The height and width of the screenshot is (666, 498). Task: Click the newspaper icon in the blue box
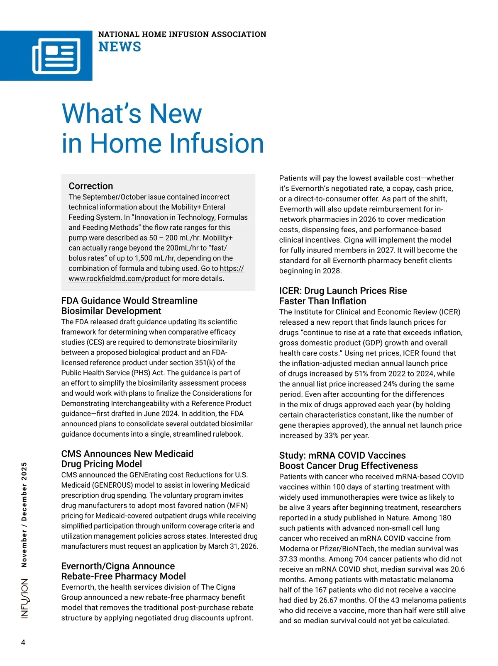(56, 56)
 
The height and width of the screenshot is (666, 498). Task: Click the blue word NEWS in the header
(120, 47)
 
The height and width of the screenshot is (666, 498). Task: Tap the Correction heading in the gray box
(91, 186)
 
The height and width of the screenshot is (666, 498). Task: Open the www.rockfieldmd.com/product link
(119, 279)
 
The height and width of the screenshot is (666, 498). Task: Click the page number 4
(23, 642)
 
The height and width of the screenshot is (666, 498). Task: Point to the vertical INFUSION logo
(25, 598)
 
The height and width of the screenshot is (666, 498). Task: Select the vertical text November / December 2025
(24, 514)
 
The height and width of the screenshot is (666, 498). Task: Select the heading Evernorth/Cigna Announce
(118, 566)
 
